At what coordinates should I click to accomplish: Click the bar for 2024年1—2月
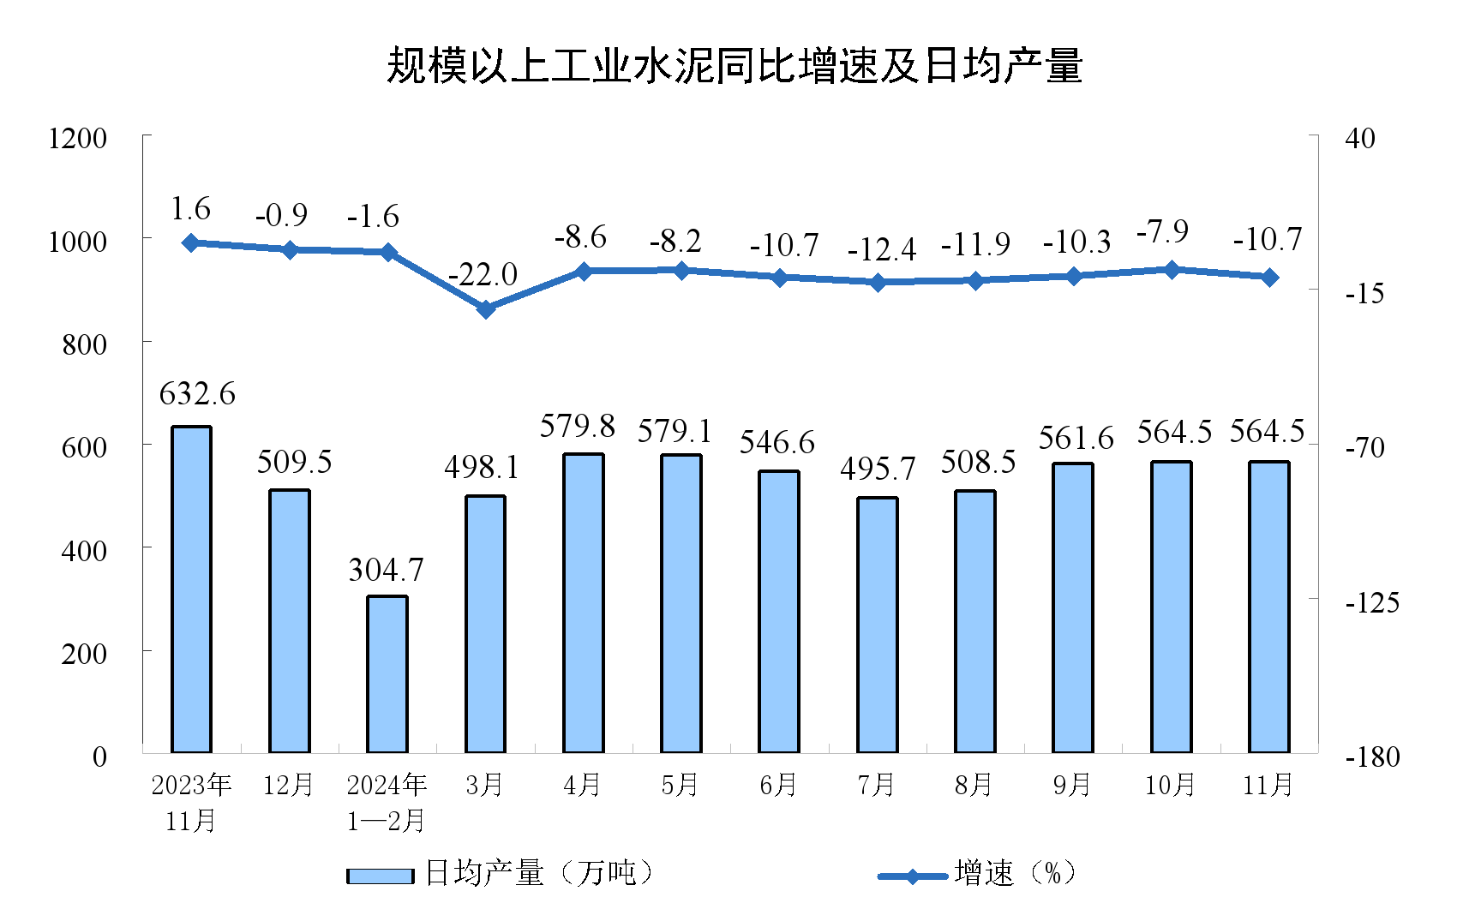coord(387,674)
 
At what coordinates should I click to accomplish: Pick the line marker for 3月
coord(486,309)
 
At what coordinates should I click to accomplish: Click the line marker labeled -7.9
coord(1172,270)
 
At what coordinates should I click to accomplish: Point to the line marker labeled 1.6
coord(191,243)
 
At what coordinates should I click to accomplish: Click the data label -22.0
coord(483,275)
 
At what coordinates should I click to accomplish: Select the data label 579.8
coord(578,426)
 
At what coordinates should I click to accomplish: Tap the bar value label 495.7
coord(878,469)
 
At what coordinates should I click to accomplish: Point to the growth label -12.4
coord(881,250)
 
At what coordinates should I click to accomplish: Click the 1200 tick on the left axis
coord(77,138)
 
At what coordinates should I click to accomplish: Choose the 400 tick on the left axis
coord(84,550)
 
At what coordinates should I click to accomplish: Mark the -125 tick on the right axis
coord(1372,602)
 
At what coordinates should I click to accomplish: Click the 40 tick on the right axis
coord(1360,138)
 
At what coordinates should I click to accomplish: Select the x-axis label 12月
coord(289,785)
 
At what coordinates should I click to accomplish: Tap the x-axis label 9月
coord(1072,785)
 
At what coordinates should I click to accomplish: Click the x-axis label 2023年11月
coord(191,803)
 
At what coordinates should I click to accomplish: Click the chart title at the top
coord(735,66)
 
